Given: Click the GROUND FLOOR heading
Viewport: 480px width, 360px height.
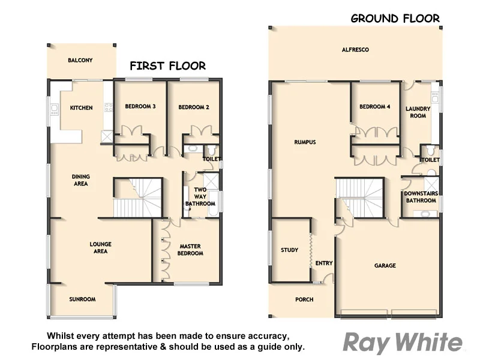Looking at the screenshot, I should (395, 18).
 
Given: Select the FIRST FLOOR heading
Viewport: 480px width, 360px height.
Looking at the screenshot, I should (167, 66).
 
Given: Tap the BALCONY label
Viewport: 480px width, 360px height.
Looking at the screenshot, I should (80, 61).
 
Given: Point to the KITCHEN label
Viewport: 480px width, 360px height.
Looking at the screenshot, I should (81, 108).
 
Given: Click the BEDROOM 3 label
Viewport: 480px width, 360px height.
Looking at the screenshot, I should (140, 107).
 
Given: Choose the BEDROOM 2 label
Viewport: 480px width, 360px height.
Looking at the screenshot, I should (193, 107).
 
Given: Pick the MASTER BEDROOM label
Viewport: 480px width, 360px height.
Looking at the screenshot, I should (190, 249).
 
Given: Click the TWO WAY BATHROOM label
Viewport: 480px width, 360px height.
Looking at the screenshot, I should (200, 197).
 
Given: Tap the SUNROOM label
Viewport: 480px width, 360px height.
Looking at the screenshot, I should (82, 299).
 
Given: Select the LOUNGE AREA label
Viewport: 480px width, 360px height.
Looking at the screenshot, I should (100, 247).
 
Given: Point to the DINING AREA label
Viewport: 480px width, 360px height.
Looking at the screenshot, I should (81, 180).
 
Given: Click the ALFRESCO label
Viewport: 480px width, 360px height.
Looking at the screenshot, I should (355, 50).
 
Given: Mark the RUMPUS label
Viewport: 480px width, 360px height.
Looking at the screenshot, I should (305, 142).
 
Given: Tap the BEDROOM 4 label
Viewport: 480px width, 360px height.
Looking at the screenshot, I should (375, 107).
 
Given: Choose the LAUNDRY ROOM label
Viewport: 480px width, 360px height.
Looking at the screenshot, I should (418, 112).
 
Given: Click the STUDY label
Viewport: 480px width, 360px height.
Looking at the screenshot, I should (289, 250).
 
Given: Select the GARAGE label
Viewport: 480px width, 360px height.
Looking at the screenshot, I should (385, 265).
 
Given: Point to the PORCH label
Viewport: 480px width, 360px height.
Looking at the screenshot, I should (304, 299).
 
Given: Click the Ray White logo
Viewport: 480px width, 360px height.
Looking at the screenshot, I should (403, 343).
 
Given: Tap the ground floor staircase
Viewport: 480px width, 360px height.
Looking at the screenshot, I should (359, 198).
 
